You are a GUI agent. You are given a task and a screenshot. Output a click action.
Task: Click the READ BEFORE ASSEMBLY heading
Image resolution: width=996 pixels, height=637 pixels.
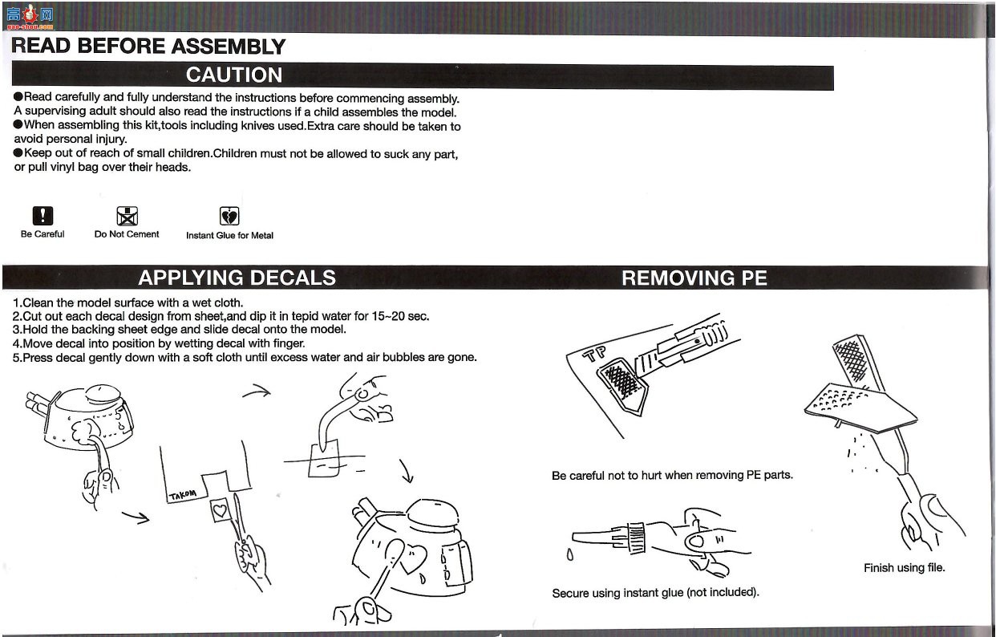click(x=148, y=46)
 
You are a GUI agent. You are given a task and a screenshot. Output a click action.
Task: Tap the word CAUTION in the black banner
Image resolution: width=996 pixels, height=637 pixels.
click(x=234, y=75)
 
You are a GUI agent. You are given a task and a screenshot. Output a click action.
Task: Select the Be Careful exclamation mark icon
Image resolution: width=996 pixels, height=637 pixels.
click(x=43, y=216)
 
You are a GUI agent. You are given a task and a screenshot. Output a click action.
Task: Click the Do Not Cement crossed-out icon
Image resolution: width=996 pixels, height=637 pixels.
click(x=128, y=216)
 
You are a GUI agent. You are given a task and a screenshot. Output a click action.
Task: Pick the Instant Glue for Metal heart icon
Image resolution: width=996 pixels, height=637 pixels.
click(x=229, y=216)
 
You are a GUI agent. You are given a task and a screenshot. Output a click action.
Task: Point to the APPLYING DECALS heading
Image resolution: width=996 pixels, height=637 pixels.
click(x=237, y=278)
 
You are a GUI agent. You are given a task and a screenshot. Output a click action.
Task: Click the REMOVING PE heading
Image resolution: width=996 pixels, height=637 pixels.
click(x=694, y=278)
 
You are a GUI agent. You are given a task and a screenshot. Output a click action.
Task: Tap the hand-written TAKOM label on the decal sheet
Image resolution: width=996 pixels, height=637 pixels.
click(x=182, y=495)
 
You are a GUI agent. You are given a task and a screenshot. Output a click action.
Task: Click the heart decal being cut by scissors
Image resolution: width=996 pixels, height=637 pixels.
click(x=220, y=510)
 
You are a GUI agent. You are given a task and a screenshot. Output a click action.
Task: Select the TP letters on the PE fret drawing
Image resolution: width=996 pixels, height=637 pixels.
click(x=594, y=353)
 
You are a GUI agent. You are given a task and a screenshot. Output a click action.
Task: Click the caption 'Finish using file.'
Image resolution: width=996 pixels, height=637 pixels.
click(x=904, y=568)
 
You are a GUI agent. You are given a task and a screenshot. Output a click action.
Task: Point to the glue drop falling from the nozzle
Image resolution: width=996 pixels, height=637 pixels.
click(x=569, y=554)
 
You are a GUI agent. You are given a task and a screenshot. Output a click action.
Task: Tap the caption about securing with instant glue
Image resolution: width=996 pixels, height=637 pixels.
click(x=655, y=593)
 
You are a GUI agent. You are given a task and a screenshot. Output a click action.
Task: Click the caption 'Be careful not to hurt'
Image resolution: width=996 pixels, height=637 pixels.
click(x=672, y=475)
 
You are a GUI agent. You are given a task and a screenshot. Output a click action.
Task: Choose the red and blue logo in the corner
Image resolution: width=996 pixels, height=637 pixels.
click(x=30, y=17)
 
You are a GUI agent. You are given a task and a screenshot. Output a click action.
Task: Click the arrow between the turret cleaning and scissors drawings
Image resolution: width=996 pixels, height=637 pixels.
click(x=136, y=517)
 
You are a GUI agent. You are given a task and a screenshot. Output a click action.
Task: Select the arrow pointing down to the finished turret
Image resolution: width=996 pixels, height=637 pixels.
click(x=407, y=472)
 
